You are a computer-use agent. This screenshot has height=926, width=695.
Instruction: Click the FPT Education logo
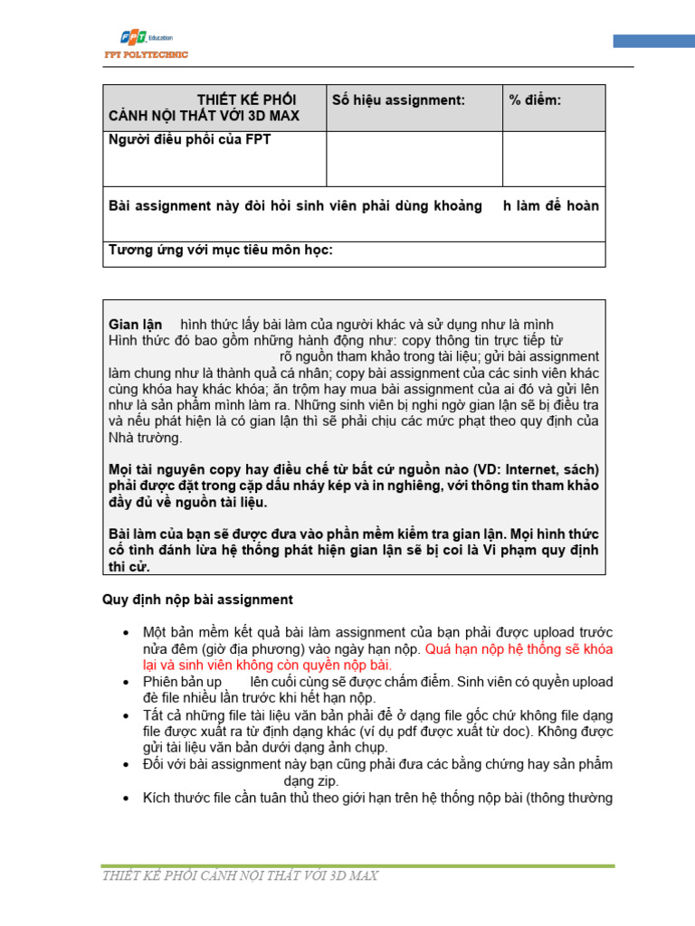coord(145,38)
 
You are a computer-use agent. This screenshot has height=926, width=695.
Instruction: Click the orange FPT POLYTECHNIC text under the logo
coord(146,55)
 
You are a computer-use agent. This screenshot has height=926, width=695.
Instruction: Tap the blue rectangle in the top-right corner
coord(653,41)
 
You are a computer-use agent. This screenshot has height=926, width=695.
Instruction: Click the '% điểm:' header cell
coord(535,100)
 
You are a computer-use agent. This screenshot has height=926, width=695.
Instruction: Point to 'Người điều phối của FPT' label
coord(189,139)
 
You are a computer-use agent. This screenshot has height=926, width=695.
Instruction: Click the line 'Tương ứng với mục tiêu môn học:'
coord(221,250)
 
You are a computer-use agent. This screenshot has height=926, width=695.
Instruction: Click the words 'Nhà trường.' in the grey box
coord(145,438)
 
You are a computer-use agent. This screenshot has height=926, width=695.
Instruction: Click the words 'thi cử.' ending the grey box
coord(130,567)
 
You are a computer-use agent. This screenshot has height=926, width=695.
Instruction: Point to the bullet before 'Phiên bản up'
coord(124,682)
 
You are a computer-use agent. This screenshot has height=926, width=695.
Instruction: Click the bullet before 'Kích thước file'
coord(124,798)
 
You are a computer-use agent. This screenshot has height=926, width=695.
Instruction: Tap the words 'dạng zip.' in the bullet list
coord(311,780)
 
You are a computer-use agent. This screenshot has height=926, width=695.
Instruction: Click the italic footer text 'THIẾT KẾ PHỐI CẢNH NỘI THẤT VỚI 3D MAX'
coord(240,875)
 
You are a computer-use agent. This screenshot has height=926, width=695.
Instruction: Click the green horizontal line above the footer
coord(357,865)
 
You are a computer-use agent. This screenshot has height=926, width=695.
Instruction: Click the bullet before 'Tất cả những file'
coord(124,715)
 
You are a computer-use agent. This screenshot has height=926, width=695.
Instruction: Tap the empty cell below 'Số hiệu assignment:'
coord(414,158)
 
